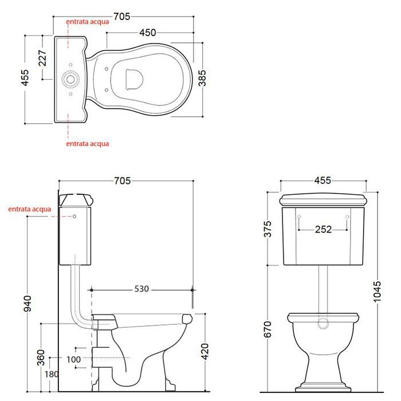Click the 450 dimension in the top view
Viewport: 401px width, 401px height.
[148, 33]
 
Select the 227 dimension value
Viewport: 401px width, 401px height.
[43, 58]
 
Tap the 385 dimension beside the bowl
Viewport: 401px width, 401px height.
[202, 78]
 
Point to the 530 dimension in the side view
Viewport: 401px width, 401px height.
[141, 289]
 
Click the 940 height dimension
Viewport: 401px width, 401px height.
[27, 304]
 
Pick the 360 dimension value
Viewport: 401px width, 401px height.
[41, 357]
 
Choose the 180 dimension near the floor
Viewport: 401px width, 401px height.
[52, 375]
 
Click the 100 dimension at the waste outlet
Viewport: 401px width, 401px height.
[74, 360]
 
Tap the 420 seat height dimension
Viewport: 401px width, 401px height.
[205, 352]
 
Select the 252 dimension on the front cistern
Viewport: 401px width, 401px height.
[323, 229]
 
